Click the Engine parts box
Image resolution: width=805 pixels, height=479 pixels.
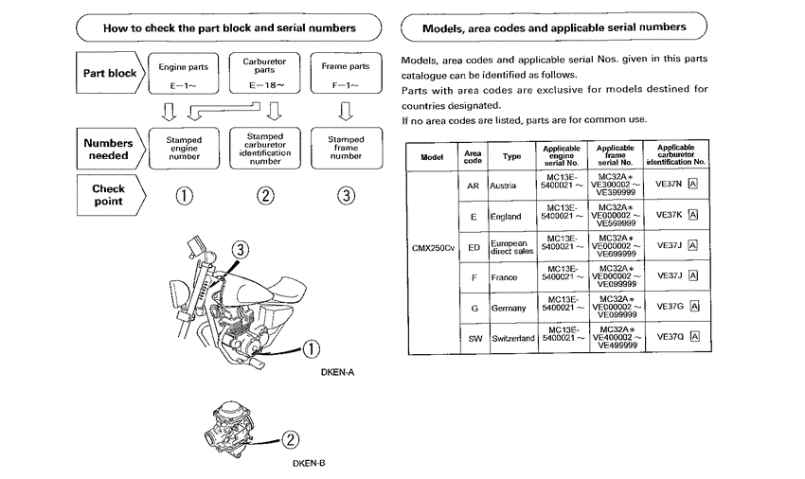(x=185, y=74)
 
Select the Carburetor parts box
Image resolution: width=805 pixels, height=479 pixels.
(x=265, y=74)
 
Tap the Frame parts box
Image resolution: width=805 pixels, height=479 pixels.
(x=345, y=74)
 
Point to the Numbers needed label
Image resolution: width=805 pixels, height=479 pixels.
(x=108, y=149)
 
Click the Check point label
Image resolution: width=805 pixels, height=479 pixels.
(x=108, y=195)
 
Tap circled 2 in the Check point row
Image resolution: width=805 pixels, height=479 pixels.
(x=265, y=196)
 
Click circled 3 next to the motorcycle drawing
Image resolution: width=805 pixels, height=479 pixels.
(x=241, y=250)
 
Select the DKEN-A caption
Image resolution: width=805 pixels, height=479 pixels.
(x=337, y=372)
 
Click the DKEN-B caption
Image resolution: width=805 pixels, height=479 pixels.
(x=309, y=463)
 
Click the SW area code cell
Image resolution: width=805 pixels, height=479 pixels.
(x=473, y=338)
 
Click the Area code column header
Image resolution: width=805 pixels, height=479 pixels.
(x=473, y=155)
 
